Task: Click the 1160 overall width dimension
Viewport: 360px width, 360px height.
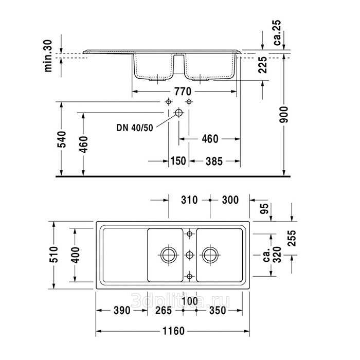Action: tap(173, 331)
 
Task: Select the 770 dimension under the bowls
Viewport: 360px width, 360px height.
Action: tap(183, 92)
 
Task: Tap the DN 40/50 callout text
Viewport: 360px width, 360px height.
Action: tap(135, 128)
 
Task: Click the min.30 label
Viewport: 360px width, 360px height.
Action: tap(48, 56)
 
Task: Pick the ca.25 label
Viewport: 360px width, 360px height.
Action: tap(277, 32)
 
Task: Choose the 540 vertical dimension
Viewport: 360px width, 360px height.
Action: tap(62, 139)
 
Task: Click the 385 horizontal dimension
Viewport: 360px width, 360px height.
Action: tap(214, 161)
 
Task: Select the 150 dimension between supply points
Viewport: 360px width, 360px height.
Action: tap(178, 161)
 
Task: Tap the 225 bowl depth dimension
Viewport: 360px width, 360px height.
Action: tap(263, 65)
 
